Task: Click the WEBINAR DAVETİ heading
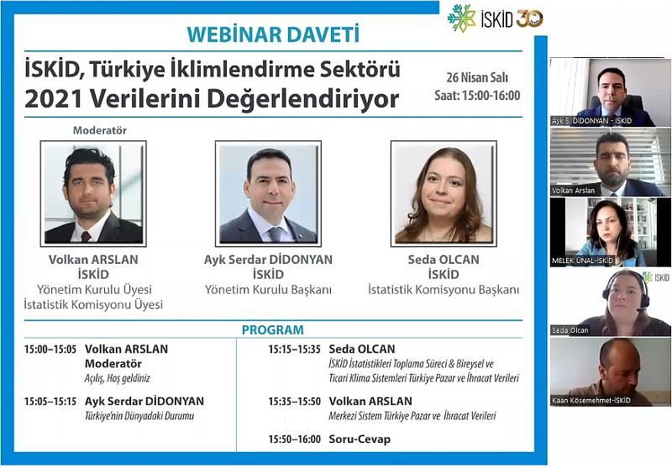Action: (273, 34)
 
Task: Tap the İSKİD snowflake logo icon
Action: (461, 18)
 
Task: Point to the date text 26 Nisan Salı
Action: (477, 77)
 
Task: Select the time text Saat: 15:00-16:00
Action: (477, 95)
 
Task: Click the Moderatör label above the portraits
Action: (100, 130)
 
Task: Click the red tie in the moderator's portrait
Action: (87, 236)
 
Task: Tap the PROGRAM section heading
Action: (272, 329)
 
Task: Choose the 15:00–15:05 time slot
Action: (50, 350)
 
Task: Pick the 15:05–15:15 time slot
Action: (50, 402)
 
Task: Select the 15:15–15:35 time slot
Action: (295, 350)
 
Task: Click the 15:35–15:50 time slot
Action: (295, 402)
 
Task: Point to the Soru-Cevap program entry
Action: (360, 439)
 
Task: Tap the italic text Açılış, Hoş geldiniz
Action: (118, 378)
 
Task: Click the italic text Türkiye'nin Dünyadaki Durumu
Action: (139, 416)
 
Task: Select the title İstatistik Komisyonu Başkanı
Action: (444, 290)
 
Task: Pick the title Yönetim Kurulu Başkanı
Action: (268, 290)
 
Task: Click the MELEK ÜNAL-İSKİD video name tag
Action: (582, 260)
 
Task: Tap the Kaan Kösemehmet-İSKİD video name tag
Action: (591, 401)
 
